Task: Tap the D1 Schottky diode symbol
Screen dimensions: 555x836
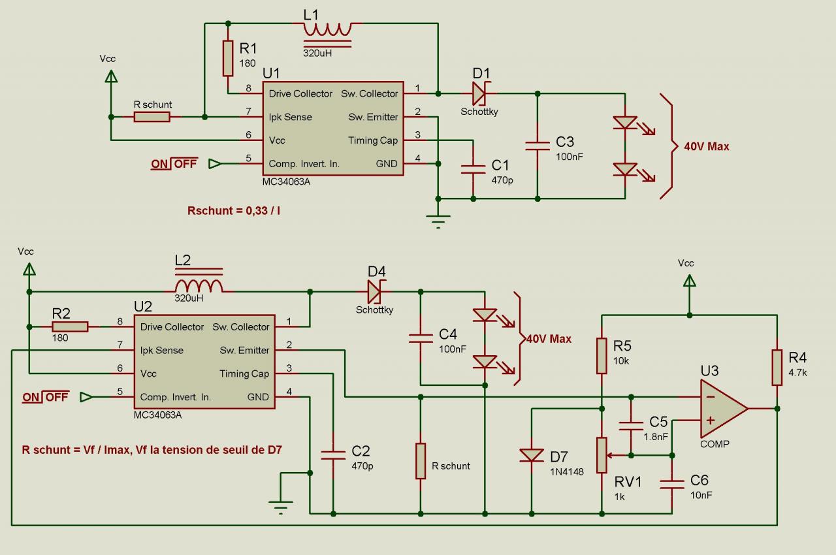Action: tap(478, 93)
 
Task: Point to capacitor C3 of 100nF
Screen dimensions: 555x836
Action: tap(538, 146)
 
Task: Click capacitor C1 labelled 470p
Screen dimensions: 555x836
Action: tap(473, 168)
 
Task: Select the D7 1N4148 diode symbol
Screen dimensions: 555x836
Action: tap(532, 456)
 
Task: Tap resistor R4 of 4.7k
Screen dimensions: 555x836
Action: tap(777, 368)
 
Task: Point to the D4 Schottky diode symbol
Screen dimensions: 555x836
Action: tap(374, 291)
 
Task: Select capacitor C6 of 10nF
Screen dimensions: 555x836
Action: tap(672, 484)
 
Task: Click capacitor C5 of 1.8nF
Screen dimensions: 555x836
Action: tap(631, 426)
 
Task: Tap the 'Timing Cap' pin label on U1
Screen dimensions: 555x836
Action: tap(372, 140)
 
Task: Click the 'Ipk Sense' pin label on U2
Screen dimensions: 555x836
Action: tap(162, 350)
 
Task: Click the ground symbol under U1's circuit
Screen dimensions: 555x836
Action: tap(438, 221)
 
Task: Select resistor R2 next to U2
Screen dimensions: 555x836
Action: tap(70, 326)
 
